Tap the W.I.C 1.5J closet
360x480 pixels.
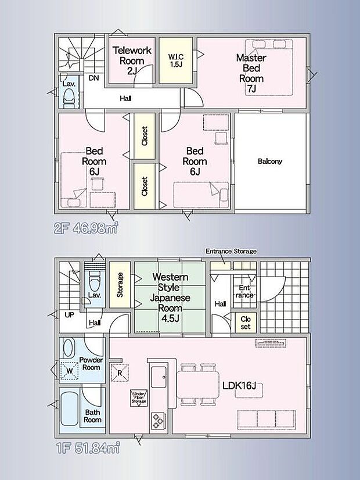(176, 60)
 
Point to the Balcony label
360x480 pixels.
(270, 162)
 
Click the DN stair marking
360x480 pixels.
(94, 78)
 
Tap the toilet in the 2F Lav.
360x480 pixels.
(69, 98)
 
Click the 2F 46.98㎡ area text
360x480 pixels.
(87, 229)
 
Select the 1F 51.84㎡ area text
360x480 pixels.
(88, 449)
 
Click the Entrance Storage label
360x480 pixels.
(231, 251)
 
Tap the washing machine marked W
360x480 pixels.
(70, 371)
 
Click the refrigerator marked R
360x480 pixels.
(120, 373)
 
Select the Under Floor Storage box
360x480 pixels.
(139, 398)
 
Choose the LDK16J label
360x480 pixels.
(239, 386)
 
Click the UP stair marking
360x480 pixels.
(70, 314)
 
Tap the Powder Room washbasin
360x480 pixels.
(69, 348)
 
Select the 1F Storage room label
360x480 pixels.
(120, 285)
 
